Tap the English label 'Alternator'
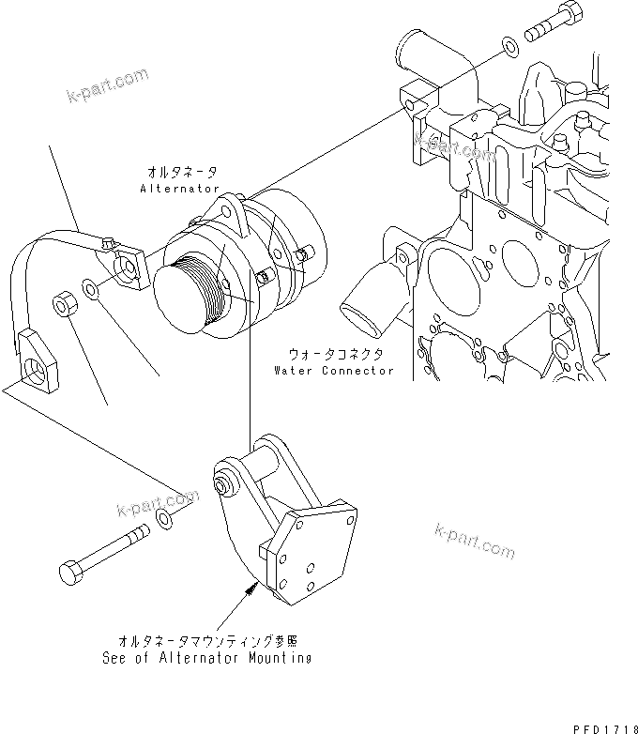click(178, 188)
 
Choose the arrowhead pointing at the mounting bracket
click(251, 589)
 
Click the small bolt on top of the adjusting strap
click(108, 245)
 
